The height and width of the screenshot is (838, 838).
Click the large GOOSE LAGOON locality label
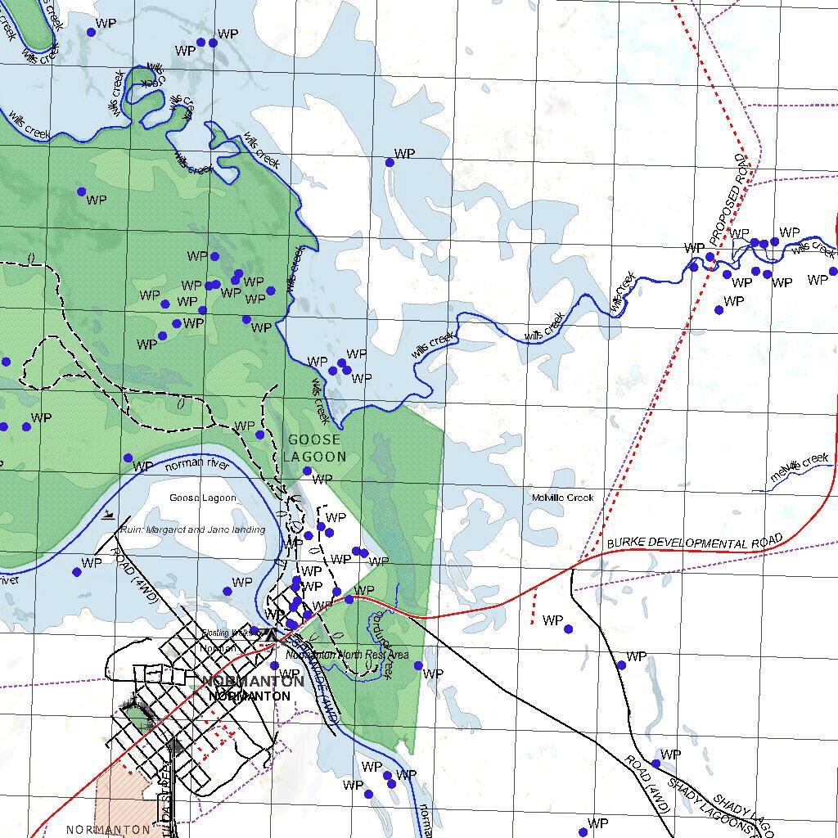coord(315,448)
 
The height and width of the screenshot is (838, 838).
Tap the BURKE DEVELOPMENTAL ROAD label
coord(695,543)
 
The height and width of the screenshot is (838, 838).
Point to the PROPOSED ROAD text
coord(731,200)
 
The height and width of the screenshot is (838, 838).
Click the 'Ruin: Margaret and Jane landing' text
coord(193,530)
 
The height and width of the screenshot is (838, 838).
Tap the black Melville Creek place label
coord(562,498)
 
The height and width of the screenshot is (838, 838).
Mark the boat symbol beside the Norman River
coord(109,515)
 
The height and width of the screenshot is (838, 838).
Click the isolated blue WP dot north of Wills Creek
coord(390,162)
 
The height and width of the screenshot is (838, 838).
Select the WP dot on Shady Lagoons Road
coord(656,764)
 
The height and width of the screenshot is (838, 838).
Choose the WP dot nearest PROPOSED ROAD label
coord(710,258)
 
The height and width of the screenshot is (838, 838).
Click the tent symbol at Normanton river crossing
coord(270,633)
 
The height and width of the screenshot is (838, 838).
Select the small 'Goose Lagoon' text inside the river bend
coord(202,498)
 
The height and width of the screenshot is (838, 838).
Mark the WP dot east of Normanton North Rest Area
coord(418,665)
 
